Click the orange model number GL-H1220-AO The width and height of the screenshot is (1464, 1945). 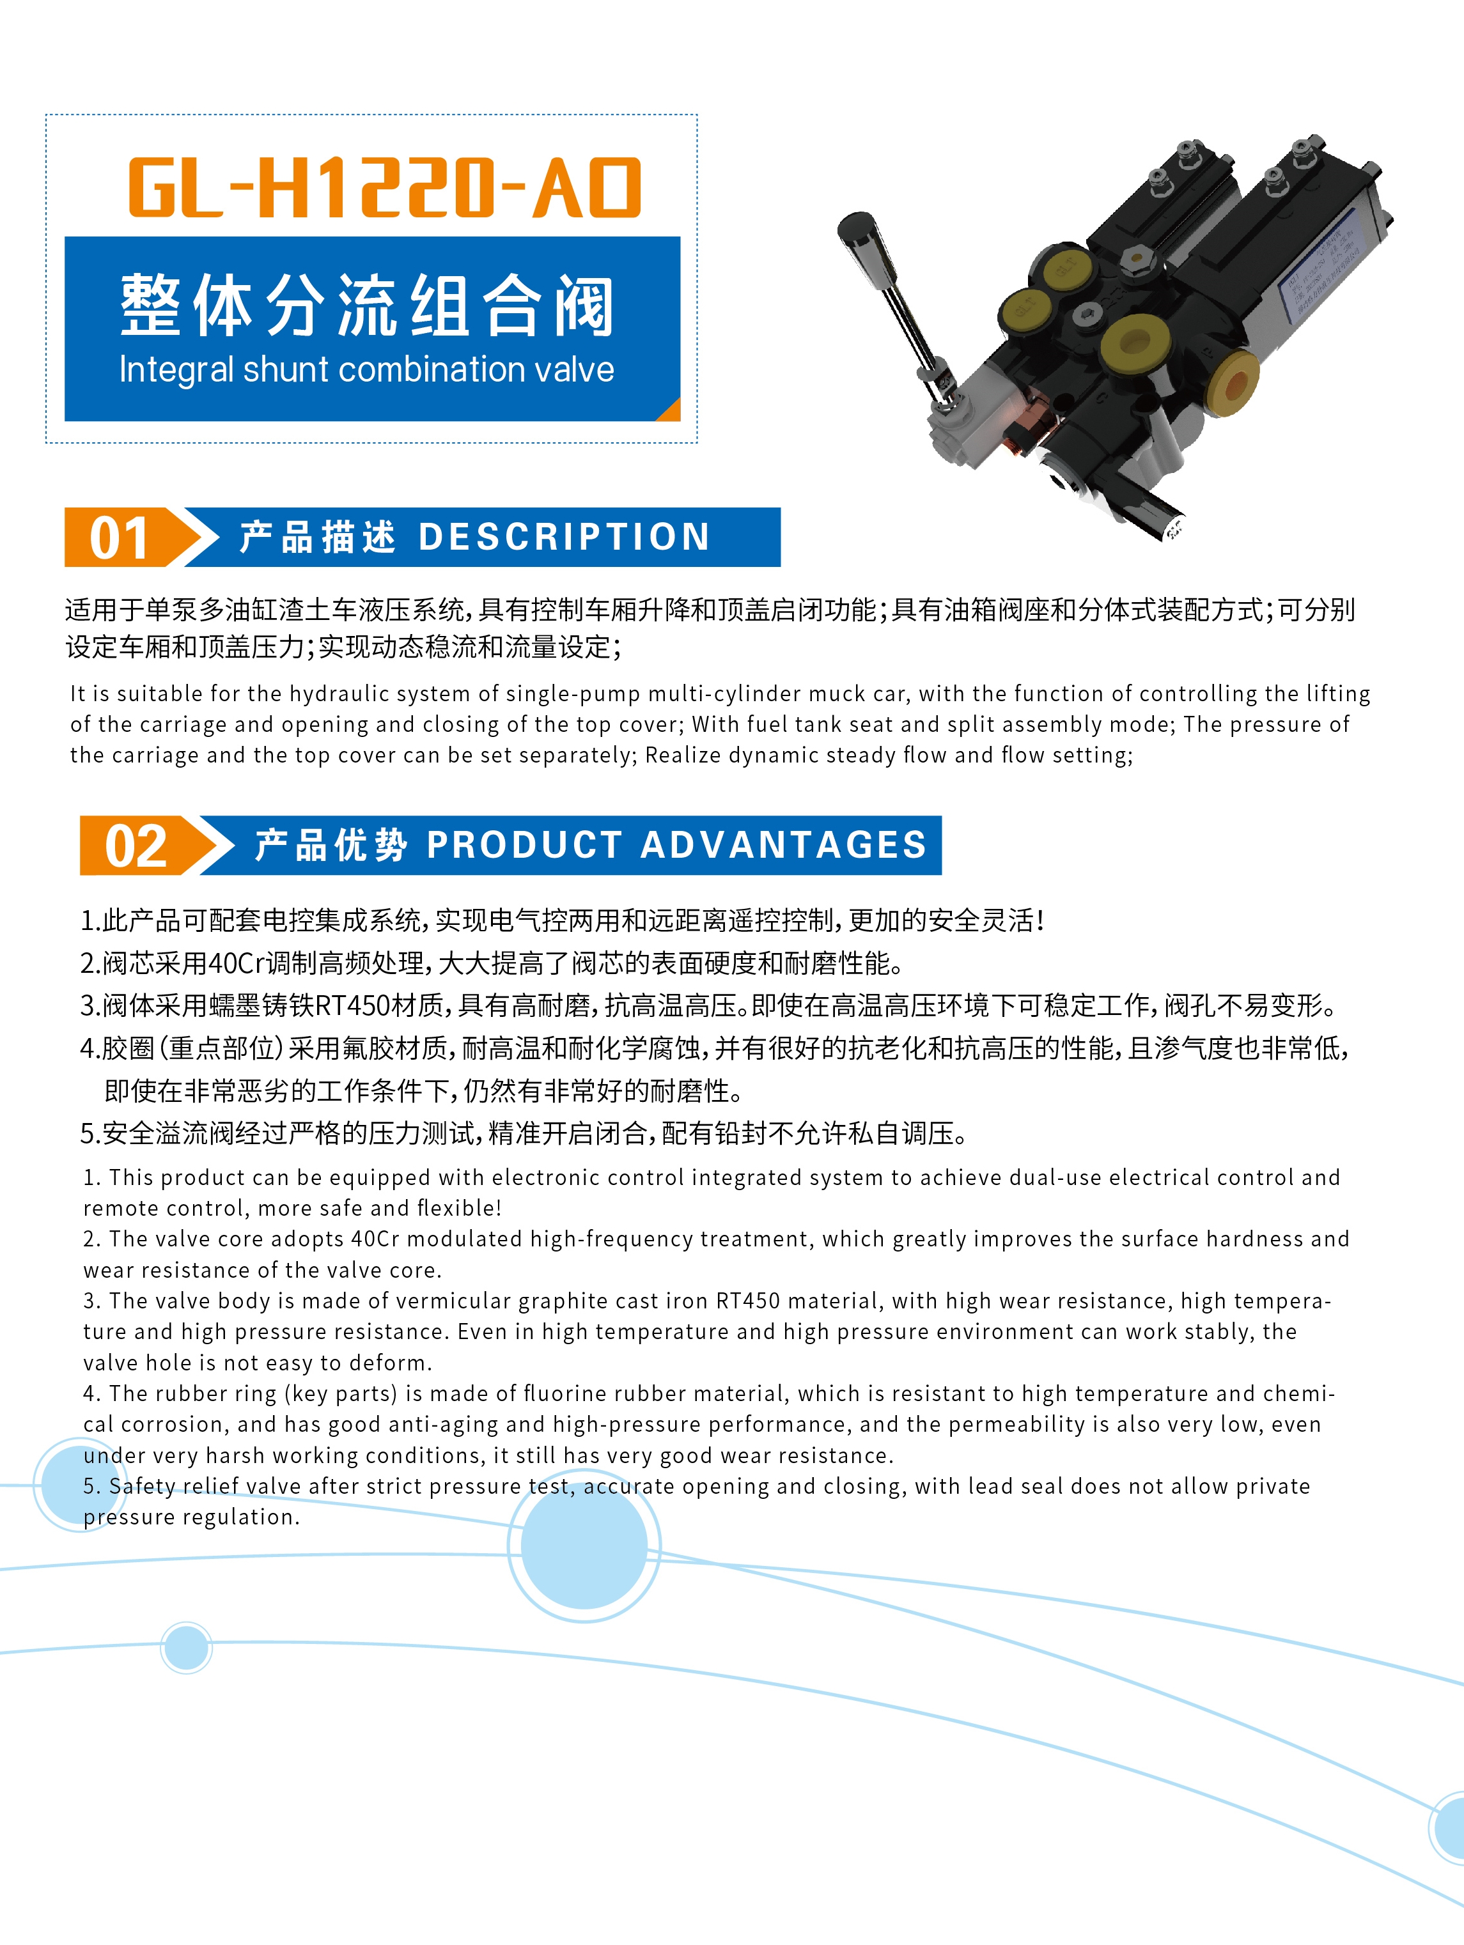(x=385, y=187)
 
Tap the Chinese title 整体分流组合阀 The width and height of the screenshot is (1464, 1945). (x=367, y=305)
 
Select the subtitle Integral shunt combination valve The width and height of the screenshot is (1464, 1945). (x=367, y=370)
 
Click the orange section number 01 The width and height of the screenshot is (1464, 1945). (x=120, y=538)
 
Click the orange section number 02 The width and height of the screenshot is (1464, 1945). (x=136, y=846)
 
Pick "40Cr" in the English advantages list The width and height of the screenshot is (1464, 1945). (x=375, y=1239)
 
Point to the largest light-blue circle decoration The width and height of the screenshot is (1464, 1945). (x=584, y=1545)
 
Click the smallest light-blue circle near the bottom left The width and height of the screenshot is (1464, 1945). (x=187, y=1647)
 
